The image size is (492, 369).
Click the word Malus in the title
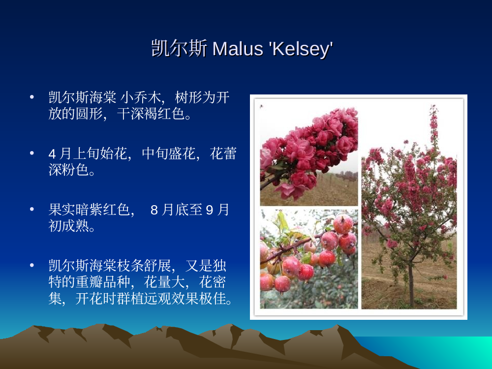click(x=238, y=49)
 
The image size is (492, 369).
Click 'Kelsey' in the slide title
click(x=301, y=49)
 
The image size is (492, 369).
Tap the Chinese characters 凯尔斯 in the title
click(x=179, y=48)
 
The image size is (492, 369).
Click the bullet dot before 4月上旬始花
click(x=31, y=153)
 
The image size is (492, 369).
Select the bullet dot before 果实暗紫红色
click(x=31, y=209)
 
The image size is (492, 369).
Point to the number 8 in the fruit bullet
click(x=154, y=210)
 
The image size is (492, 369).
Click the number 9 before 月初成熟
click(x=209, y=210)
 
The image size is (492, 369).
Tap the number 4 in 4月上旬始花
click(x=52, y=154)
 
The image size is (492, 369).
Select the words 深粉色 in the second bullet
click(x=69, y=170)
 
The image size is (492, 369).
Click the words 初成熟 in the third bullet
click(x=69, y=226)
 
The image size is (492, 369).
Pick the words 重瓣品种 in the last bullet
click(x=103, y=282)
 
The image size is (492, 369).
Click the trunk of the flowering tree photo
click(x=411, y=285)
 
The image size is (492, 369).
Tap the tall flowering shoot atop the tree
click(x=434, y=125)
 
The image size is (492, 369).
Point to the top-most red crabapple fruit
click(x=343, y=224)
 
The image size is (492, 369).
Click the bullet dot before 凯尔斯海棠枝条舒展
click(x=31, y=266)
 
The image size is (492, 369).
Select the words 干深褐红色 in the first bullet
click(x=151, y=114)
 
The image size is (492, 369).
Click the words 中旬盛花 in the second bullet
click(x=168, y=154)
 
